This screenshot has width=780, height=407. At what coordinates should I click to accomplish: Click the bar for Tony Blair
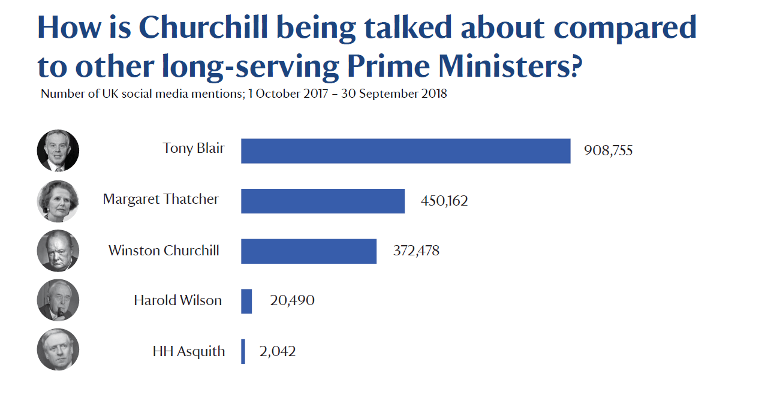pos(405,151)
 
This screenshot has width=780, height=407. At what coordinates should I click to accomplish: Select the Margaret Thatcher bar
pos(323,201)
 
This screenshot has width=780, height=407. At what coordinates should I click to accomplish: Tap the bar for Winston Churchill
pos(309,251)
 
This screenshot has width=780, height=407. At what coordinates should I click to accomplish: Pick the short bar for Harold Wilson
pos(246,301)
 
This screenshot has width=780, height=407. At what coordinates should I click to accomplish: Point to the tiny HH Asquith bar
pos(243,351)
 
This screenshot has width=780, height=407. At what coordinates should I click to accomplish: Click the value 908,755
pos(608,150)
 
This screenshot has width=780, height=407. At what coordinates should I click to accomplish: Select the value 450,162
pos(444,201)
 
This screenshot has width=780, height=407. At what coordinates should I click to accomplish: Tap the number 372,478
pos(416,251)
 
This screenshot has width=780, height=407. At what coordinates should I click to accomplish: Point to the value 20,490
pos(292,300)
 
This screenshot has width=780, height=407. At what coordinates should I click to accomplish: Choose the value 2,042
pos(278,351)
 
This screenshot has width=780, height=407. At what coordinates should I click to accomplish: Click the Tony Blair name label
pos(194,148)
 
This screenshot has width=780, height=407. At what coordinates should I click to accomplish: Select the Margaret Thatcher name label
pos(161,199)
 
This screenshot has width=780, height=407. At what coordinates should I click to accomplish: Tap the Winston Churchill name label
pos(164,250)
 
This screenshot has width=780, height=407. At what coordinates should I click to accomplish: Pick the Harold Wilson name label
pos(177,300)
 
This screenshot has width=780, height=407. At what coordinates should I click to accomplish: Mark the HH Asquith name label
pos(189,351)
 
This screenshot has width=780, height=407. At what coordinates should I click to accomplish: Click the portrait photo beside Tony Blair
pos(58,150)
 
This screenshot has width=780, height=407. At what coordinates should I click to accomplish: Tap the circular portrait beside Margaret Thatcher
pos(58,201)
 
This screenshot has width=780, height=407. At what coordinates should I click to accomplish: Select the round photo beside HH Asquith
pos(58,349)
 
